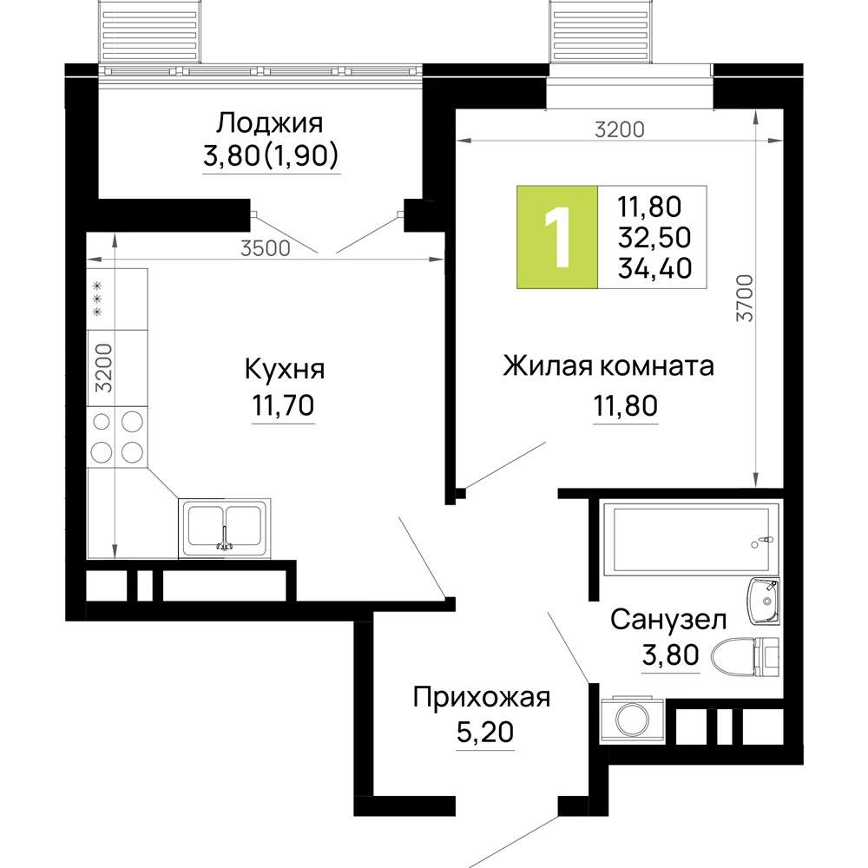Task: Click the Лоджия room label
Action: tap(270, 122)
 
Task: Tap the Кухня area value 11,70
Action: tap(283, 405)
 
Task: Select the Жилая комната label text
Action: tap(608, 365)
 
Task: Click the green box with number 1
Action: tap(557, 237)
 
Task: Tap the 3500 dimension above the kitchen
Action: tap(265, 248)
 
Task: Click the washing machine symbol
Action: tap(630, 720)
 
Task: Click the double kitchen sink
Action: tap(225, 529)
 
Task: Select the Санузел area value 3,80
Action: tap(669, 655)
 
